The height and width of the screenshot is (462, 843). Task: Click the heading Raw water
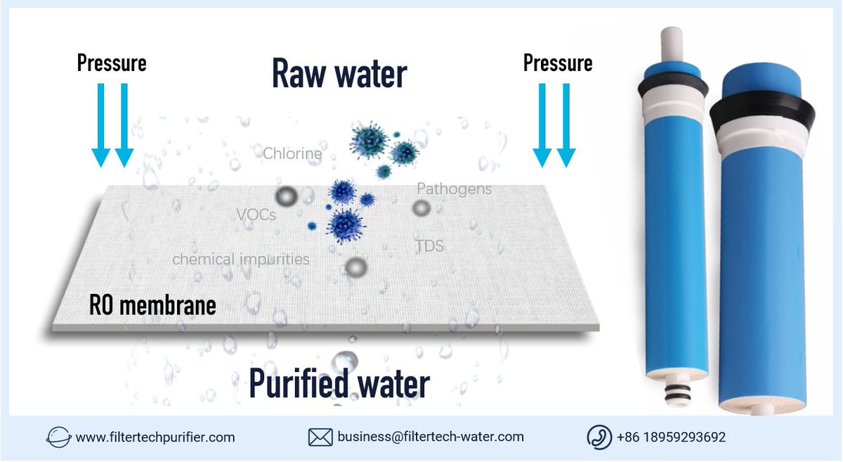(x=339, y=75)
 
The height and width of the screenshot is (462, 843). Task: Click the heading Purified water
(x=339, y=384)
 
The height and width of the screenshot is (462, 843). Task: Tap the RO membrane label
(x=152, y=306)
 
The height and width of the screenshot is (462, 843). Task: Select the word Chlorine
(x=292, y=153)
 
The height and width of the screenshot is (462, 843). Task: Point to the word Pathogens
(x=454, y=189)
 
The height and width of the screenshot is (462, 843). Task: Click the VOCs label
(x=255, y=215)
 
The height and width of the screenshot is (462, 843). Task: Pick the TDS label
(x=429, y=246)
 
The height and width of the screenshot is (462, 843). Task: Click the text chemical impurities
(x=241, y=259)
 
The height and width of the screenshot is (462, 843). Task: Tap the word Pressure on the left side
(x=112, y=63)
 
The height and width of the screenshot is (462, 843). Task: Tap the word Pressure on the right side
(x=558, y=63)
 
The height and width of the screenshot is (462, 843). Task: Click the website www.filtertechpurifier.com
(x=155, y=437)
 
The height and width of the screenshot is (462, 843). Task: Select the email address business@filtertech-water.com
(x=431, y=437)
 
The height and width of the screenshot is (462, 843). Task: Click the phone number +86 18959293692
(x=671, y=437)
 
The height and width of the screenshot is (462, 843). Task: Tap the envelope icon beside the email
(x=320, y=437)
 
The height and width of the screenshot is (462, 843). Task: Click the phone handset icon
(x=599, y=437)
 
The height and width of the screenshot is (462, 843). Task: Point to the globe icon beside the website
(x=58, y=437)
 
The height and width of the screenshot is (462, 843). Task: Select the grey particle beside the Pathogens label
(x=421, y=207)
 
